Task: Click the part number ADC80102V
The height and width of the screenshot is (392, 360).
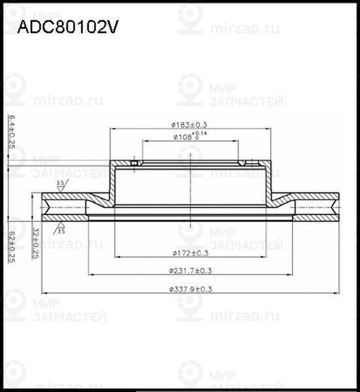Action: pos(67,27)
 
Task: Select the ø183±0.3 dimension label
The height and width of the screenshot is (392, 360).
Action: pos(189,124)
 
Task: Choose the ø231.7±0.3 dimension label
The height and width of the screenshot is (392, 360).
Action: pos(190,270)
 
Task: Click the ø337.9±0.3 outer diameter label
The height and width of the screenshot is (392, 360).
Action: pos(190,288)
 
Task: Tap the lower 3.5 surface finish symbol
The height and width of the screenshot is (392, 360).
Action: pos(61,229)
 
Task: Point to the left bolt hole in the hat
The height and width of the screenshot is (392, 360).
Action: pos(134,163)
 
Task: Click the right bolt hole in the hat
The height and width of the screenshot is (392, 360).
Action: pos(243,163)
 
